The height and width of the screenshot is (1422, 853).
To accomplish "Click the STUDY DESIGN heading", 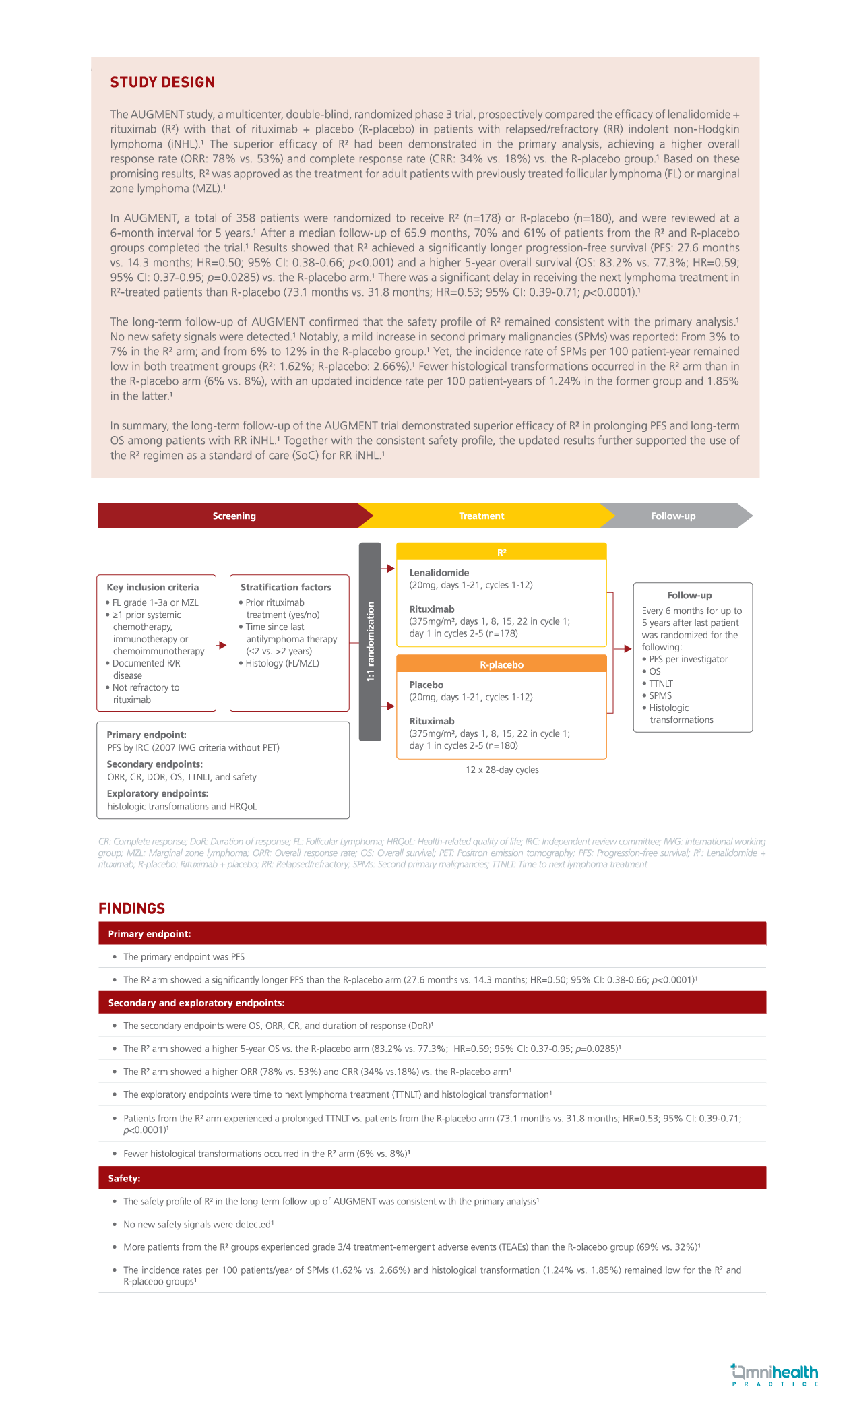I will pyautogui.click(x=162, y=82).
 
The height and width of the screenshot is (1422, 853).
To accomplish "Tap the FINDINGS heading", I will pyautogui.click(x=131, y=908).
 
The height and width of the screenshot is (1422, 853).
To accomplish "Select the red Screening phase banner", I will pyautogui.click(x=234, y=516).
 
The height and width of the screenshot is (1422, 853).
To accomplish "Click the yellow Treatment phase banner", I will pyautogui.click(x=481, y=516).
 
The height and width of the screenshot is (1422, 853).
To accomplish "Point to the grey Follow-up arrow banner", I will pyautogui.click(x=673, y=516).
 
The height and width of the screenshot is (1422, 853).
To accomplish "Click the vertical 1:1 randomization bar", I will pyautogui.click(x=370, y=642).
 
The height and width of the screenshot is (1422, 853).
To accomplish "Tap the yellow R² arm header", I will pyautogui.click(x=501, y=552).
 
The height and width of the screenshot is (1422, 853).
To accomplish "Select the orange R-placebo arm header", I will pyautogui.click(x=501, y=664).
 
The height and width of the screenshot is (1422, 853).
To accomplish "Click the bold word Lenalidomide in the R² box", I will pyautogui.click(x=439, y=573).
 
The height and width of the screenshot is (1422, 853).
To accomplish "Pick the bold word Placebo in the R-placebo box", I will pyautogui.click(x=426, y=685).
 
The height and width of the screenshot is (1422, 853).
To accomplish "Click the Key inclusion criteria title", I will pyautogui.click(x=153, y=587).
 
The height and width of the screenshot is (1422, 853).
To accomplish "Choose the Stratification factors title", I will pyautogui.click(x=286, y=587).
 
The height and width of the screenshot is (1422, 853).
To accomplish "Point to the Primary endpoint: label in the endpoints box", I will pyautogui.click(x=147, y=735).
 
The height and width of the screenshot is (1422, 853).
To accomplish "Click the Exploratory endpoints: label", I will pyautogui.click(x=158, y=793).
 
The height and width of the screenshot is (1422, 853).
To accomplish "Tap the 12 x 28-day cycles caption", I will pyautogui.click(x=502, y=770).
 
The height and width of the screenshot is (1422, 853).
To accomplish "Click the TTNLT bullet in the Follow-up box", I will pyautogui.click(x=661, y=683).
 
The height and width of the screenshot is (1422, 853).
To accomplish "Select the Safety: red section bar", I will pyautogui.click(x=432, y=1178).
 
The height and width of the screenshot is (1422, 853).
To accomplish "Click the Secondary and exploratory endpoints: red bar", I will pyautogui.click(x=432, y=1003).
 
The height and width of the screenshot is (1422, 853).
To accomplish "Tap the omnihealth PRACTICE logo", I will pyautogui.click(x=775, y=1375).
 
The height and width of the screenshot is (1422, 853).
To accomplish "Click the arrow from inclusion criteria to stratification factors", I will pyautogui.click(x=221, y=644).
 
